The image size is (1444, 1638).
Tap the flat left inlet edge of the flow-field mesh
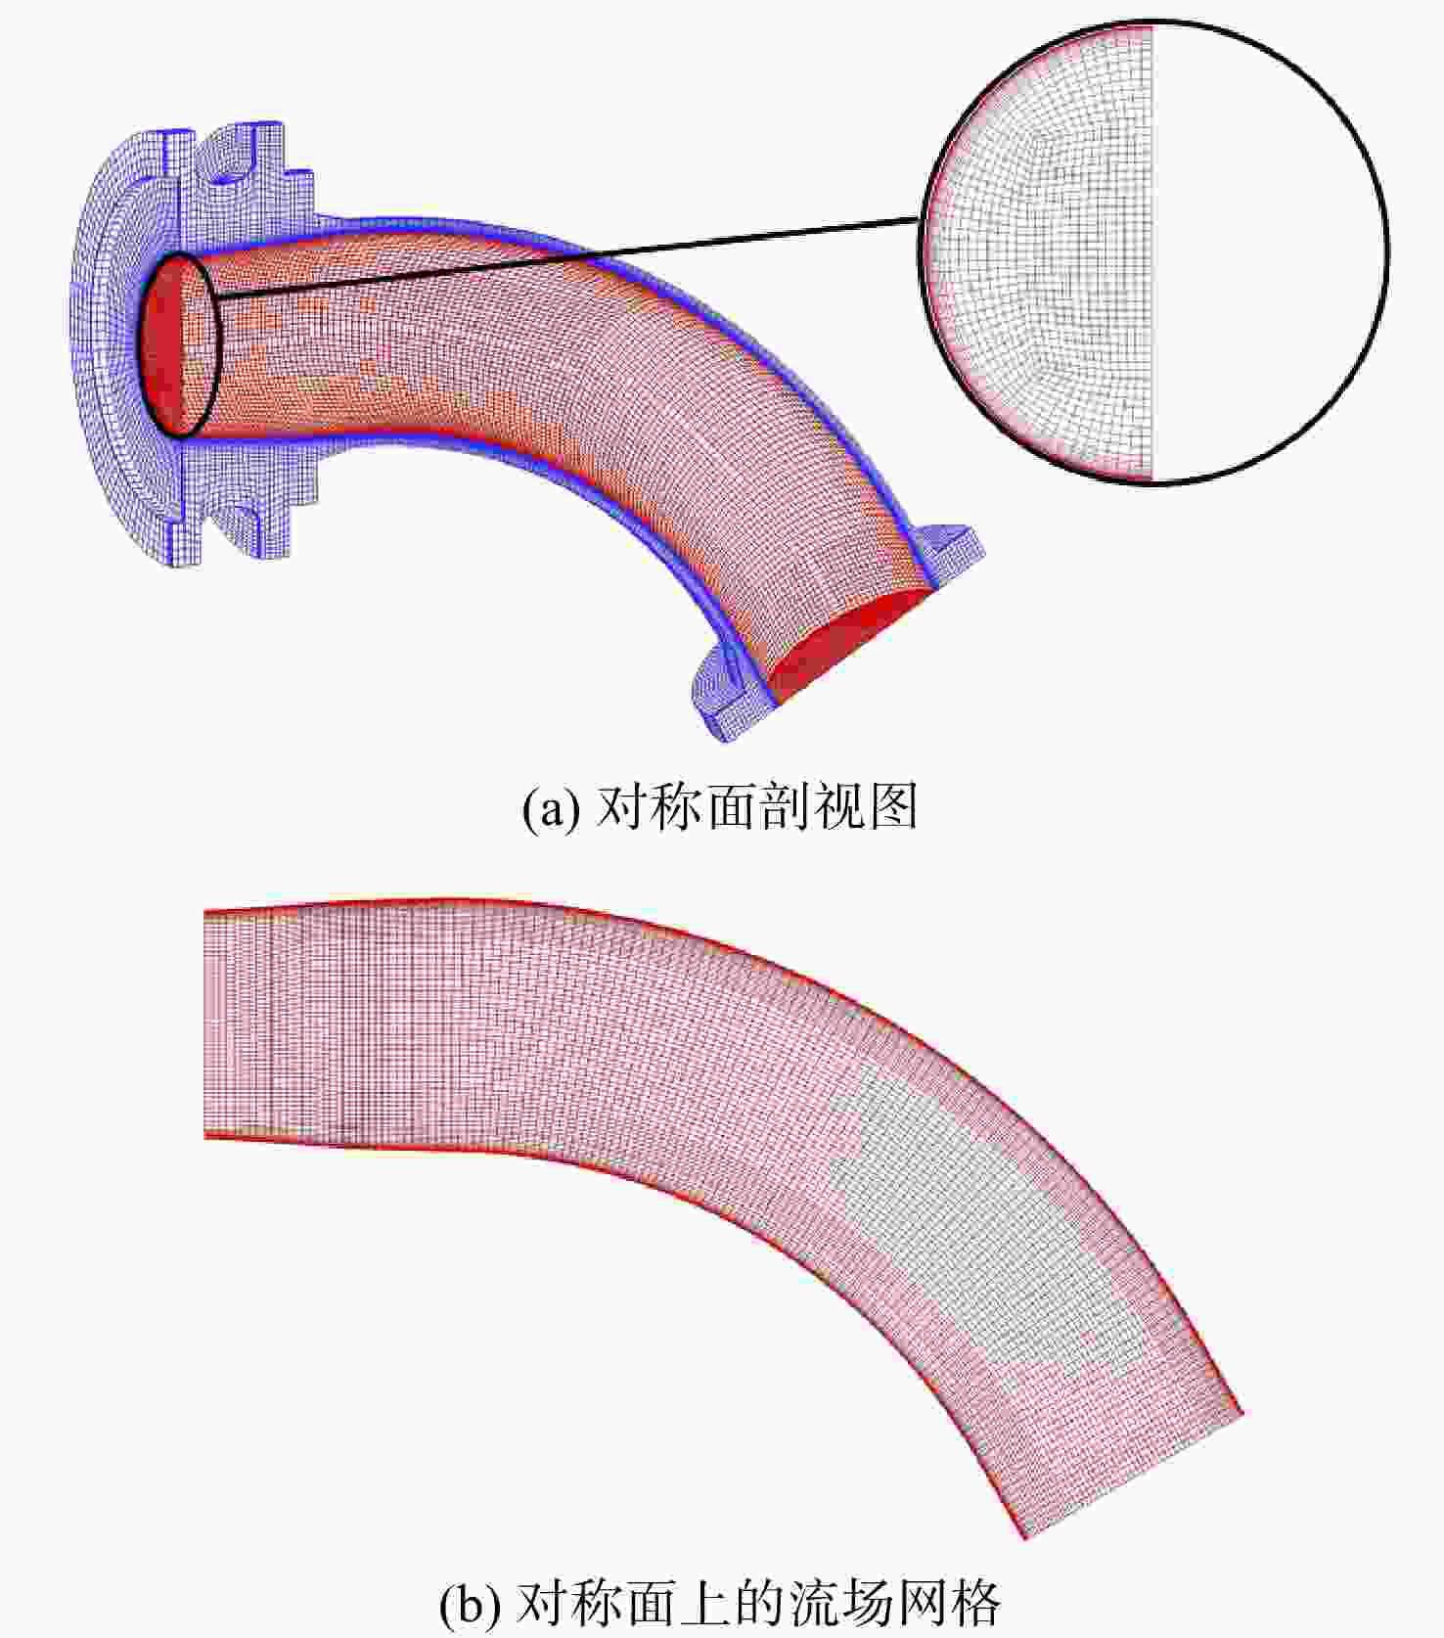(205, 1023)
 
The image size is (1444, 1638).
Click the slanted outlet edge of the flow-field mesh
(1133, 1475)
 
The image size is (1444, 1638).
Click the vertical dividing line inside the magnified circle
(1153, 252)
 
